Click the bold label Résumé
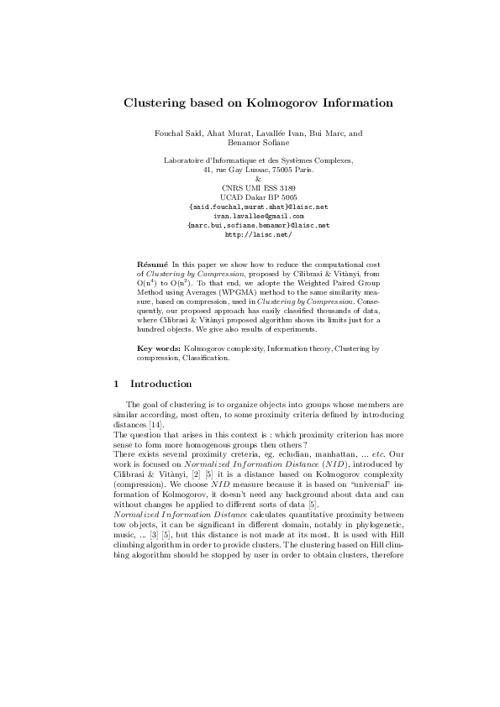click(152, 264)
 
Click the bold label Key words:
click(157, 347)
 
